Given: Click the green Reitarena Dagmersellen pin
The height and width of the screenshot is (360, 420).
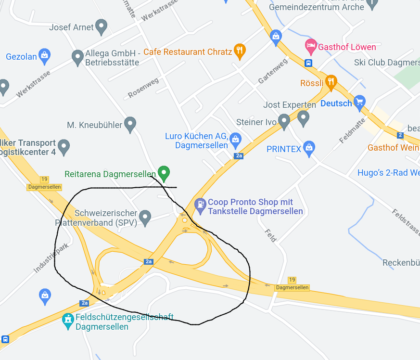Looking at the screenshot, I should coord(164,172).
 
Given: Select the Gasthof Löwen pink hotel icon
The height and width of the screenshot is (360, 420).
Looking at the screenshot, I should coord(311,46).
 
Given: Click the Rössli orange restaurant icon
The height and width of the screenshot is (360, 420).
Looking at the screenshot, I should coord(331,81).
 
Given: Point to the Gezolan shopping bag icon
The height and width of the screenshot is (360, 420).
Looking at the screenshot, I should coord(44,55).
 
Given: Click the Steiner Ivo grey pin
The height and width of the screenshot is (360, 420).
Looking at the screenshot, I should coord(284,120).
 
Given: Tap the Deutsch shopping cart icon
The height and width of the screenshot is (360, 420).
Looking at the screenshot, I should coord(359,102).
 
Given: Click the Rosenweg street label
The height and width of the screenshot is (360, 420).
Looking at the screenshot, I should coord(143,88).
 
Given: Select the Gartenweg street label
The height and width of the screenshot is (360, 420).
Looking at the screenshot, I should coord(273,71).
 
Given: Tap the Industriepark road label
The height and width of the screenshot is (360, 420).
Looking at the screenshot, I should coord(51,258).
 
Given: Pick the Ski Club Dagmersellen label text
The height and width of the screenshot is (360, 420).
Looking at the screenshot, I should coord(386,63).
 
